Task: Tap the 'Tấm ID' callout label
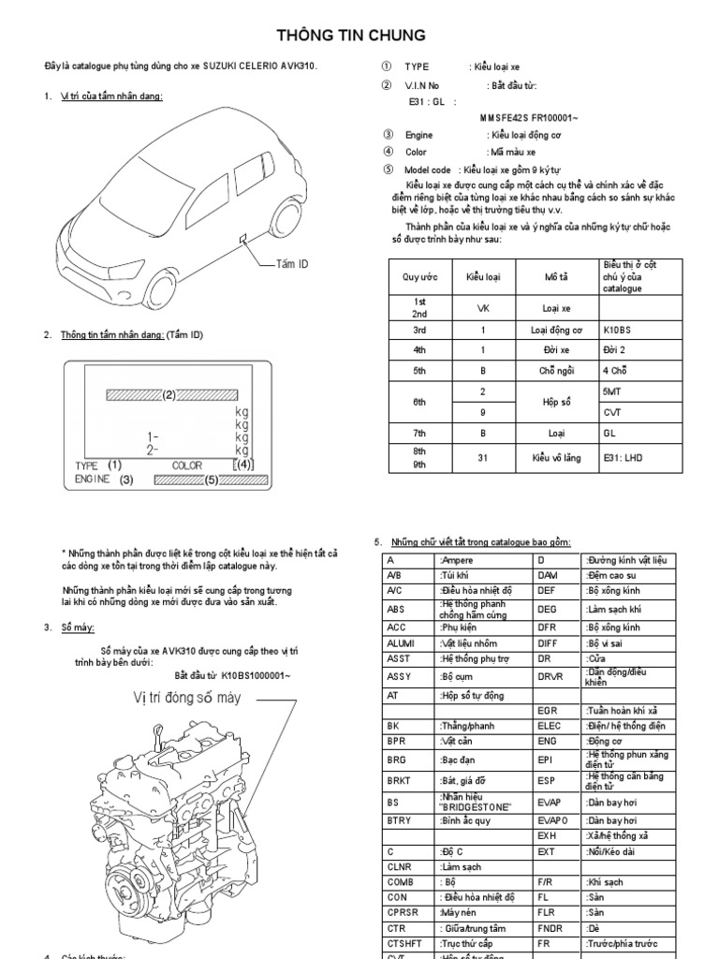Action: click(x=292, y=265)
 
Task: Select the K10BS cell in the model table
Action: click(x=620, y=331)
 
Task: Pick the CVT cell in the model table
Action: click(x=613, y=412)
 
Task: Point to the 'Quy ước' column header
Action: click(x=420, y=277)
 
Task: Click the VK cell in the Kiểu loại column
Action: click(x=483, y=308)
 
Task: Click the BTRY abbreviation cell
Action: click(x=399, y=819)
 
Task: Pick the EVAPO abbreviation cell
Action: click(x=552, y=819)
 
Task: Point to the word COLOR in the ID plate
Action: click(x=187, y=465)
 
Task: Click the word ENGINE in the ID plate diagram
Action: click(x=93, y=479)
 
